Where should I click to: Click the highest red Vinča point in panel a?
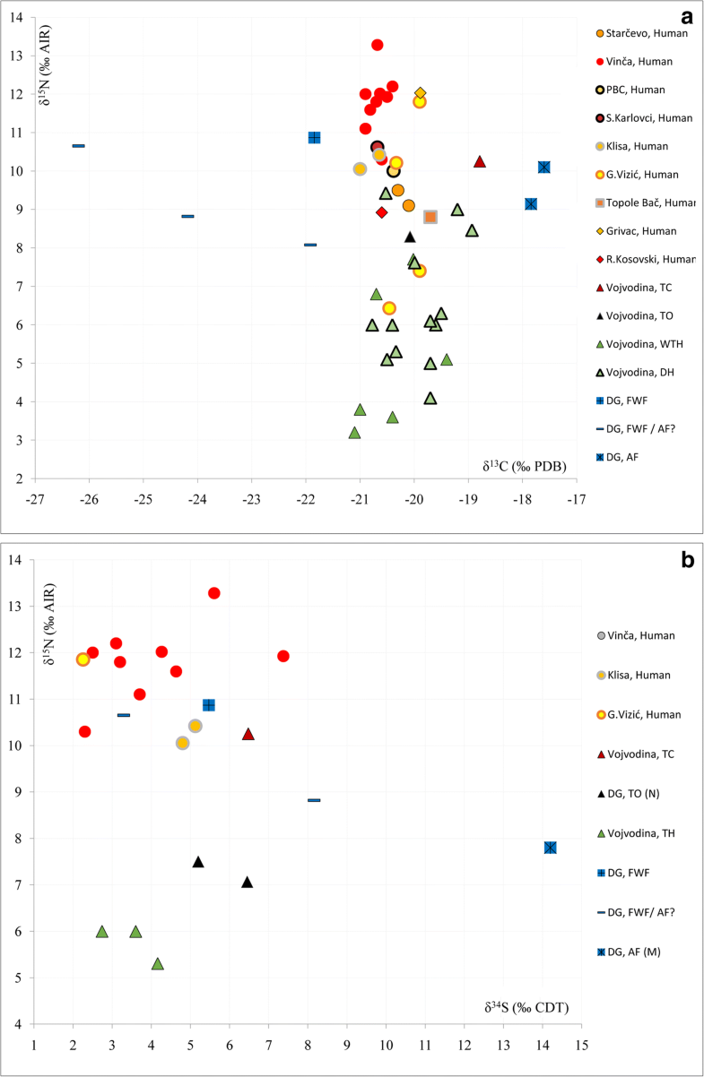coord(378,45)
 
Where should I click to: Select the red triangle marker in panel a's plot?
coord(480,162)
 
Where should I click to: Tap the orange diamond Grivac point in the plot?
coord(420,93)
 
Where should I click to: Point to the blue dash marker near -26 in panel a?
coord(79,145)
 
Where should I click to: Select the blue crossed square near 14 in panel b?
coord(550,848)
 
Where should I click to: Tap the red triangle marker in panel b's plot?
coord(248,735)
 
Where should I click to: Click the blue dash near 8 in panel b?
coord(314,800)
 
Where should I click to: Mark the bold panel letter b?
coord(686,560)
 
